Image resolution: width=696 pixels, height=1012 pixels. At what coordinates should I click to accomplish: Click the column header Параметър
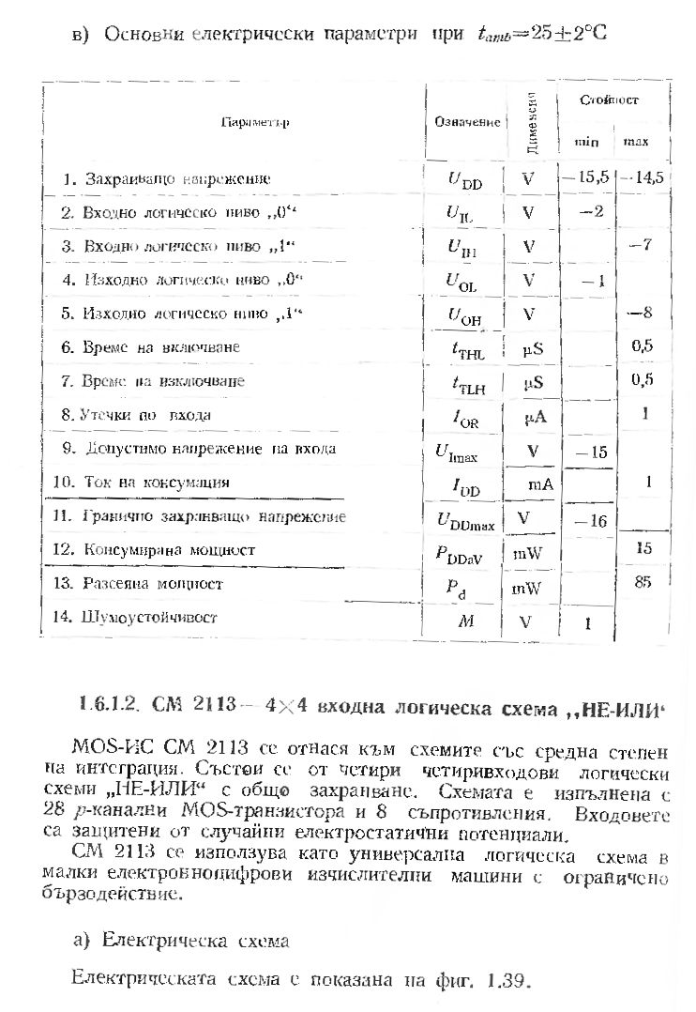pos(254,123)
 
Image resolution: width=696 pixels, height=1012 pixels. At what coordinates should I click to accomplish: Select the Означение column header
pos(467,123)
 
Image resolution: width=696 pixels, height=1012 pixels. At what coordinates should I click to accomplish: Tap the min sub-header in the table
pos(587,142)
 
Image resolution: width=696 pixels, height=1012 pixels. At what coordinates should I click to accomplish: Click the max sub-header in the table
pos(635,142)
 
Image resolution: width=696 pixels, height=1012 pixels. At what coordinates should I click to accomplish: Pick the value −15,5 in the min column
pos(585,176)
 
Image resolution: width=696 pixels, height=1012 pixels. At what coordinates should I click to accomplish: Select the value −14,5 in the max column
pos(643,176)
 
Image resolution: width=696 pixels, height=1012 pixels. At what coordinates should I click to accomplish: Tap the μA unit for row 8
pos(535,417)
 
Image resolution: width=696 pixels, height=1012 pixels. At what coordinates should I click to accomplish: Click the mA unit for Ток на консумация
pos(539,484)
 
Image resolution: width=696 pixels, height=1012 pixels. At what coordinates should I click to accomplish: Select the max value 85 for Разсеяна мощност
pos(643,582)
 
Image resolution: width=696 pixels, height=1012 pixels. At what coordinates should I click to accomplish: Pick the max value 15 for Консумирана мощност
pos(643,547)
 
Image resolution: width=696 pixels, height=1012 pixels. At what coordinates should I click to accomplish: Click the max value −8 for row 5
pos(642,313)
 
